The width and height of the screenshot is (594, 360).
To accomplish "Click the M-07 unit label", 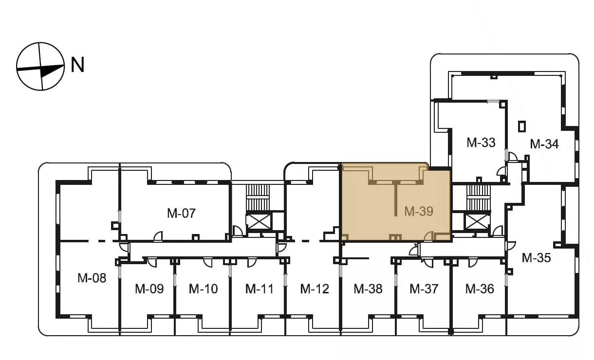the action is (x=182, y=213).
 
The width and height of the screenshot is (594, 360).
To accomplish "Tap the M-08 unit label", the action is (x=92, y=278).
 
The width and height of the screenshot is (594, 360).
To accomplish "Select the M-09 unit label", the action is (x=149, y=289).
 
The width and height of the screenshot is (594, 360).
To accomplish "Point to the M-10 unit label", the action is (x=204, y=289).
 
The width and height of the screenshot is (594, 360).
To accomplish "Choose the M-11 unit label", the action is (x=260, y=289).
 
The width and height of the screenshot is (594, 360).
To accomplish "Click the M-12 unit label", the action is (x=315, y=289).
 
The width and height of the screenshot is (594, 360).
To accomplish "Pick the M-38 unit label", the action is (x=368, y=289).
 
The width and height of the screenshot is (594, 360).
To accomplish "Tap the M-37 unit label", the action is (x=424, y=289).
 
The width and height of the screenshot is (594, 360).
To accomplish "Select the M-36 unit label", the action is (x=480, y=289).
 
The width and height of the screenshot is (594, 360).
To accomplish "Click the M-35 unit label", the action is (x=536, y=258).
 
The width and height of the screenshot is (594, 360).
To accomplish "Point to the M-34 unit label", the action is (x=544, y=144).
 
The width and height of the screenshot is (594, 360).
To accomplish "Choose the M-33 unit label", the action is (x=481, y=143).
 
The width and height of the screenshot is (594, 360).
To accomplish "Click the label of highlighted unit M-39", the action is (x=419, y=211).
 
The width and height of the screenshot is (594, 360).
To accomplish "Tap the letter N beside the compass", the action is (x=77, y=65).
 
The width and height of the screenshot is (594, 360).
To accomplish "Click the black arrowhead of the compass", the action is (x=52, y=71).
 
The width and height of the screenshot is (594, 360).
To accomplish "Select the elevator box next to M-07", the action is (x=259, y=222).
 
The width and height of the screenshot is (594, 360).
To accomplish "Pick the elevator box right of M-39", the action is (x=477, y=222).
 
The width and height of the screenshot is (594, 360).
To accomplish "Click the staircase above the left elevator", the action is (x=258, y=198).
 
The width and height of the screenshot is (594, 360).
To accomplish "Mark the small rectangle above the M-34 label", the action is (x=522, y=126).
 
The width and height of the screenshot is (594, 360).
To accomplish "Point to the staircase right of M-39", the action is (x=479, y=198).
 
